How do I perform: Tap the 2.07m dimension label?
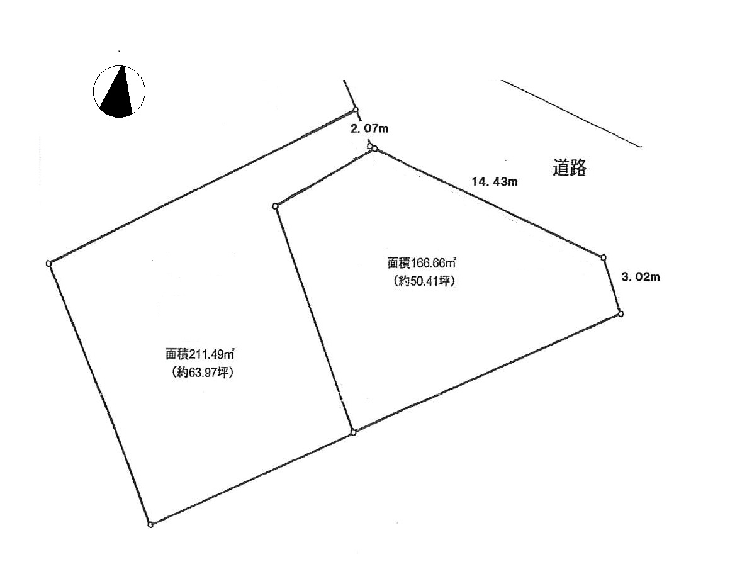click(369, 128)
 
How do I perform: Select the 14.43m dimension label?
click(495, 181)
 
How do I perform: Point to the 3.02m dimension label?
click(641, 277)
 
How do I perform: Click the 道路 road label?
click(570, 167)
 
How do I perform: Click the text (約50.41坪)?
click(422, 281)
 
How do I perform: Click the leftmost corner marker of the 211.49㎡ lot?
click(48, 263)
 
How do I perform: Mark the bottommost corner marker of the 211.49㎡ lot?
click(150, 525)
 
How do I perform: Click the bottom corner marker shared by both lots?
click(353, 432)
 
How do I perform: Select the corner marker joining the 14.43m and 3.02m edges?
click(604, 257)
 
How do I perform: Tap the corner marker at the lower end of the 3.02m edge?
click(621, 313)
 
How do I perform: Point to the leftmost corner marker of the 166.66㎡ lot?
click(275, 206)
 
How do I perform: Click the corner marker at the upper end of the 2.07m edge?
click(356, 110)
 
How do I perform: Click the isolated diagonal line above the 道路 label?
click(571, 113)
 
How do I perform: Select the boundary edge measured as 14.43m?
click(489, 203)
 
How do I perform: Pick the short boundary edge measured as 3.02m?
click(612, 285)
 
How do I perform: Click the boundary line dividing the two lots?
click(314, 319)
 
